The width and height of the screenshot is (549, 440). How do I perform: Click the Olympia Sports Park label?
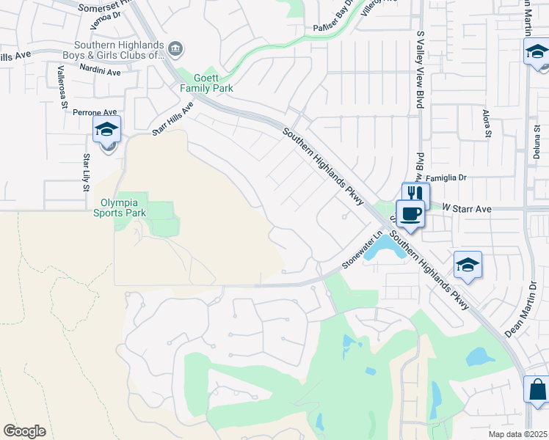120,208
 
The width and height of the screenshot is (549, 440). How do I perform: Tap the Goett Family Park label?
207,83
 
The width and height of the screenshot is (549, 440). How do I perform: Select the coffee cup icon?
410,214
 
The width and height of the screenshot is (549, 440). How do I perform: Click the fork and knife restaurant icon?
415,194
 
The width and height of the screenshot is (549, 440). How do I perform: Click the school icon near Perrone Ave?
107,131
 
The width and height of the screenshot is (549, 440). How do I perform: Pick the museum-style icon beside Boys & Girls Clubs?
175,49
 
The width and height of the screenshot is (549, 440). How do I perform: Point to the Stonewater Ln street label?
364,251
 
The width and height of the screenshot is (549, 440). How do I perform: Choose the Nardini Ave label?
101,72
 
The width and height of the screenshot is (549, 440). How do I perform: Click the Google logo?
24,431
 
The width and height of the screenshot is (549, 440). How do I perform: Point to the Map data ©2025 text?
518,434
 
